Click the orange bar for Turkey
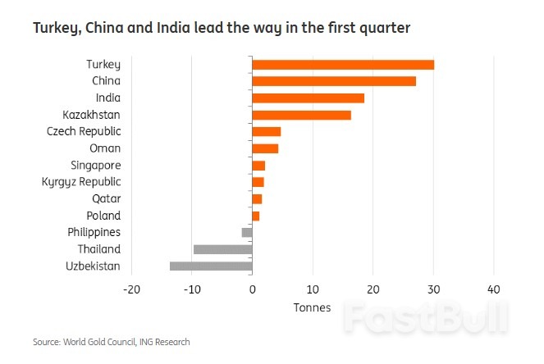tap(343, 65)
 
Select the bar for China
tap(334, 81)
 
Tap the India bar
tap(308, 98)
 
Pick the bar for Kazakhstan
tap(301, 115)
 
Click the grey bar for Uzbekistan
tap(211, 266)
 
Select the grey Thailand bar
tap(222, 249)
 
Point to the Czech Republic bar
tap(267, 132)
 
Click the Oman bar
tap(265, 148)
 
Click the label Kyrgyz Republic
tap(81, 182)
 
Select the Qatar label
tap(106, 198)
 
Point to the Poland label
tap(104, 216)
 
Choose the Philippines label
tap(94, 232)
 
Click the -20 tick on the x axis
tap(130, 289)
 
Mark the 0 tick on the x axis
tap(252, 289)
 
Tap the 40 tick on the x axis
tap(493, 289)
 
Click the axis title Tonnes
tap(312, 307)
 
